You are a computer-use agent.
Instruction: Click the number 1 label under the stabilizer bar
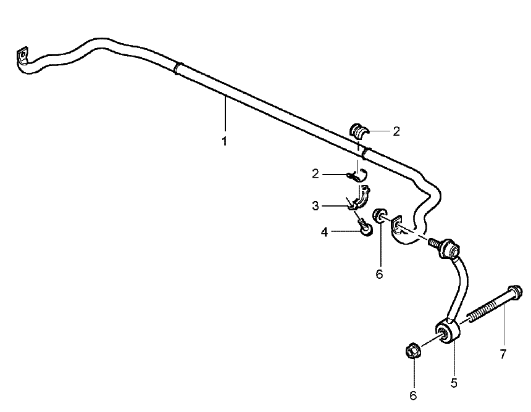[x=224, y=141]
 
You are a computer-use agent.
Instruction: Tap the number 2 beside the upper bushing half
[x=396, y=131]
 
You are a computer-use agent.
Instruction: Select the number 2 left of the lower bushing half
[x=316, y=174]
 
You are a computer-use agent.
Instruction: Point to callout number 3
[x=316, y=205]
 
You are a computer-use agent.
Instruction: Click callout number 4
[x=324, y=233]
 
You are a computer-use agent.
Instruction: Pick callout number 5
[x=454, y=383]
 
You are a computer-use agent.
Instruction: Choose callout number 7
[x=503, y=354]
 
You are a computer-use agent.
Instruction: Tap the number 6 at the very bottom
[x=413, y=395]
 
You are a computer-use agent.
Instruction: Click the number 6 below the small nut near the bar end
[x=379, y=274]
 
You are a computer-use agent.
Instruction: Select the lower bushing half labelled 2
[x=359, y=176]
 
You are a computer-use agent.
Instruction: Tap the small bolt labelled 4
[x=364, y=228]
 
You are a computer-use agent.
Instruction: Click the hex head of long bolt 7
[x=515, y=292]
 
